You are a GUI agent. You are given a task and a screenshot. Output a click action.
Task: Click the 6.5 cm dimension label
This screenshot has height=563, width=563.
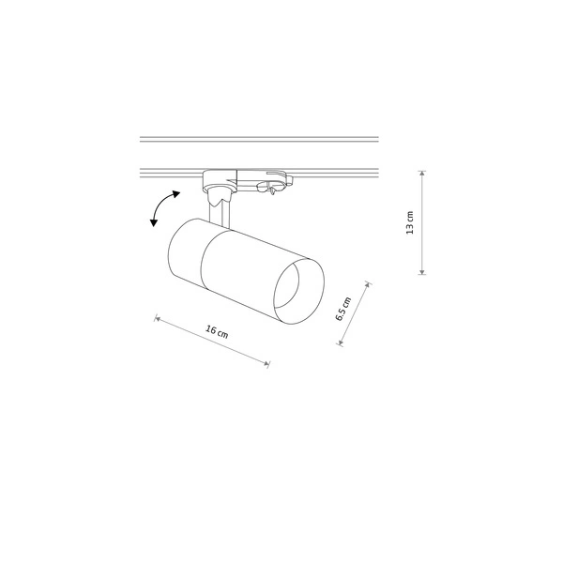pyautogui.click(x=344, y=309)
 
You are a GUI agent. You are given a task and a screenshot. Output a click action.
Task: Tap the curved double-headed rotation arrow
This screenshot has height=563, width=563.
pyautogui.click(x=162, y=207)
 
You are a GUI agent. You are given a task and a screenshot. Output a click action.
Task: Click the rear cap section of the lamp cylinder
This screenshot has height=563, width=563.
pyautogui.click(x=184, y=251)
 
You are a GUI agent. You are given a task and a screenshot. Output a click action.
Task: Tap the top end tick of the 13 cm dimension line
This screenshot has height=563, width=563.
pyautogui.click(x=422, y=172)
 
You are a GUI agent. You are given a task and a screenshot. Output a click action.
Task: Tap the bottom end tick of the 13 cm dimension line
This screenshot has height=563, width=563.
pyautogui.click(x=422, y=274)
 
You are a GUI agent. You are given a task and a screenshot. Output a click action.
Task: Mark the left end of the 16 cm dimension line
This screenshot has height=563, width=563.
pyautogui.click(x=156, y=318)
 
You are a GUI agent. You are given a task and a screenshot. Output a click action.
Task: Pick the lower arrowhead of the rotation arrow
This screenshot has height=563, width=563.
pyautogui.click(x=153, y=224)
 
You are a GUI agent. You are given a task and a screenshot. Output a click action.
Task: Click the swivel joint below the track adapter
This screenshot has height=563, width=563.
pyautogui.click(x=218, y=195)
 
